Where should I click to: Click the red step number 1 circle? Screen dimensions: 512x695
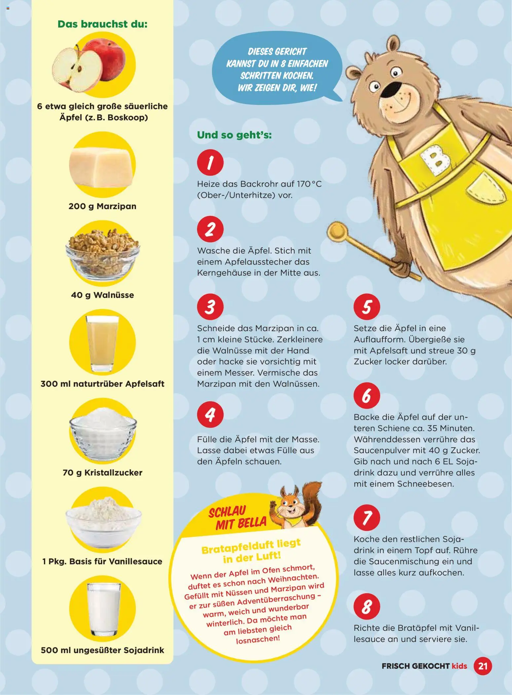(x=210, y=162)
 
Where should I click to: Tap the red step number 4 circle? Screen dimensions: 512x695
(x=210, y=415)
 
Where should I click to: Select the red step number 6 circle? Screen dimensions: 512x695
(x=367, y=395)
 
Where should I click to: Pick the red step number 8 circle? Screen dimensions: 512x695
(x=367, y=606)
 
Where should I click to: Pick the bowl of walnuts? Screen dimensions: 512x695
(x=102, y=253)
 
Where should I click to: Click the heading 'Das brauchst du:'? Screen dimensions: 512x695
(x=102, y=24)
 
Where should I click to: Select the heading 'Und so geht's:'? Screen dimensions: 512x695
(x=234, y=135)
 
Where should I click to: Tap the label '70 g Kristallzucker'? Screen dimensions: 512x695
(x=102, y=472)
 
